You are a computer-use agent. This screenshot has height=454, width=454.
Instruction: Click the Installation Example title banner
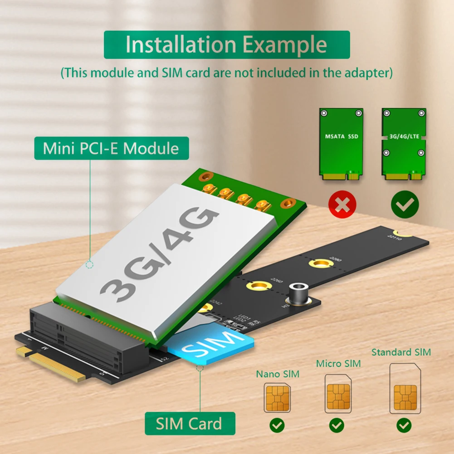(x=226, y=45)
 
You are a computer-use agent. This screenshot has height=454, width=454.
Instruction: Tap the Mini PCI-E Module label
(x=111, y=148)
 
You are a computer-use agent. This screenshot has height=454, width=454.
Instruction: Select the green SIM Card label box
(x=189, y=424)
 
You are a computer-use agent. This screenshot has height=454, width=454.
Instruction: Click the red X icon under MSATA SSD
(x=342, y=205)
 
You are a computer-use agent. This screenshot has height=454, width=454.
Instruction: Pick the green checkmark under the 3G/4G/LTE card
(x=405, y=205)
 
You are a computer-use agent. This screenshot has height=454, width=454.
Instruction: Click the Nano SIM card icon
(x=277, y=397)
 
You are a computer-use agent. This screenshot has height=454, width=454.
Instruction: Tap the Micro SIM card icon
(x=338, y=393)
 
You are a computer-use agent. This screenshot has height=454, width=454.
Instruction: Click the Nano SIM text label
(x=277, y=374)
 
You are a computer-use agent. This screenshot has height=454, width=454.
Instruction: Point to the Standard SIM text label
(x=401, y=352)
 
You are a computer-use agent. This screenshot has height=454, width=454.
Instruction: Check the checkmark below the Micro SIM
(x=337, y=425)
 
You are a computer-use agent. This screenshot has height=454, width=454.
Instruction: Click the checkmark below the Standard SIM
(x=404, y=425)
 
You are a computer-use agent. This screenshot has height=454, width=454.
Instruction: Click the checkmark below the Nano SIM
(x=277, y=425)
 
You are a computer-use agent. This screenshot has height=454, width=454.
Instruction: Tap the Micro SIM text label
(x=338, y=363)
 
